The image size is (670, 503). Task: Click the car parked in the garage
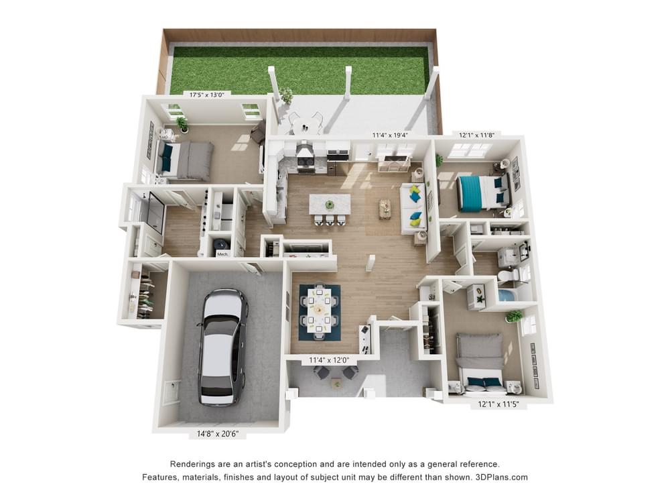click(222, 347)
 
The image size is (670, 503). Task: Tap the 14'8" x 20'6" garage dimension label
click(218, 434)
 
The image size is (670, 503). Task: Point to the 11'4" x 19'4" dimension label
click(390, 135)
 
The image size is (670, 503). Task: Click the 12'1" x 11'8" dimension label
click(477, 135)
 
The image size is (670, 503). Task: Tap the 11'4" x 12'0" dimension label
click(329, 360)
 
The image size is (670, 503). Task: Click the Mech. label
click(222, 254)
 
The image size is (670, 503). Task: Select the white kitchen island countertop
click(330, 205)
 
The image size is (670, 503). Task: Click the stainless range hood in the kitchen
click(305, 151)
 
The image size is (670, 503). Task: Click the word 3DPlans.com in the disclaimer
click(502, 478)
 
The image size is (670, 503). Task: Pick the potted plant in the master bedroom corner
click(182, 123)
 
